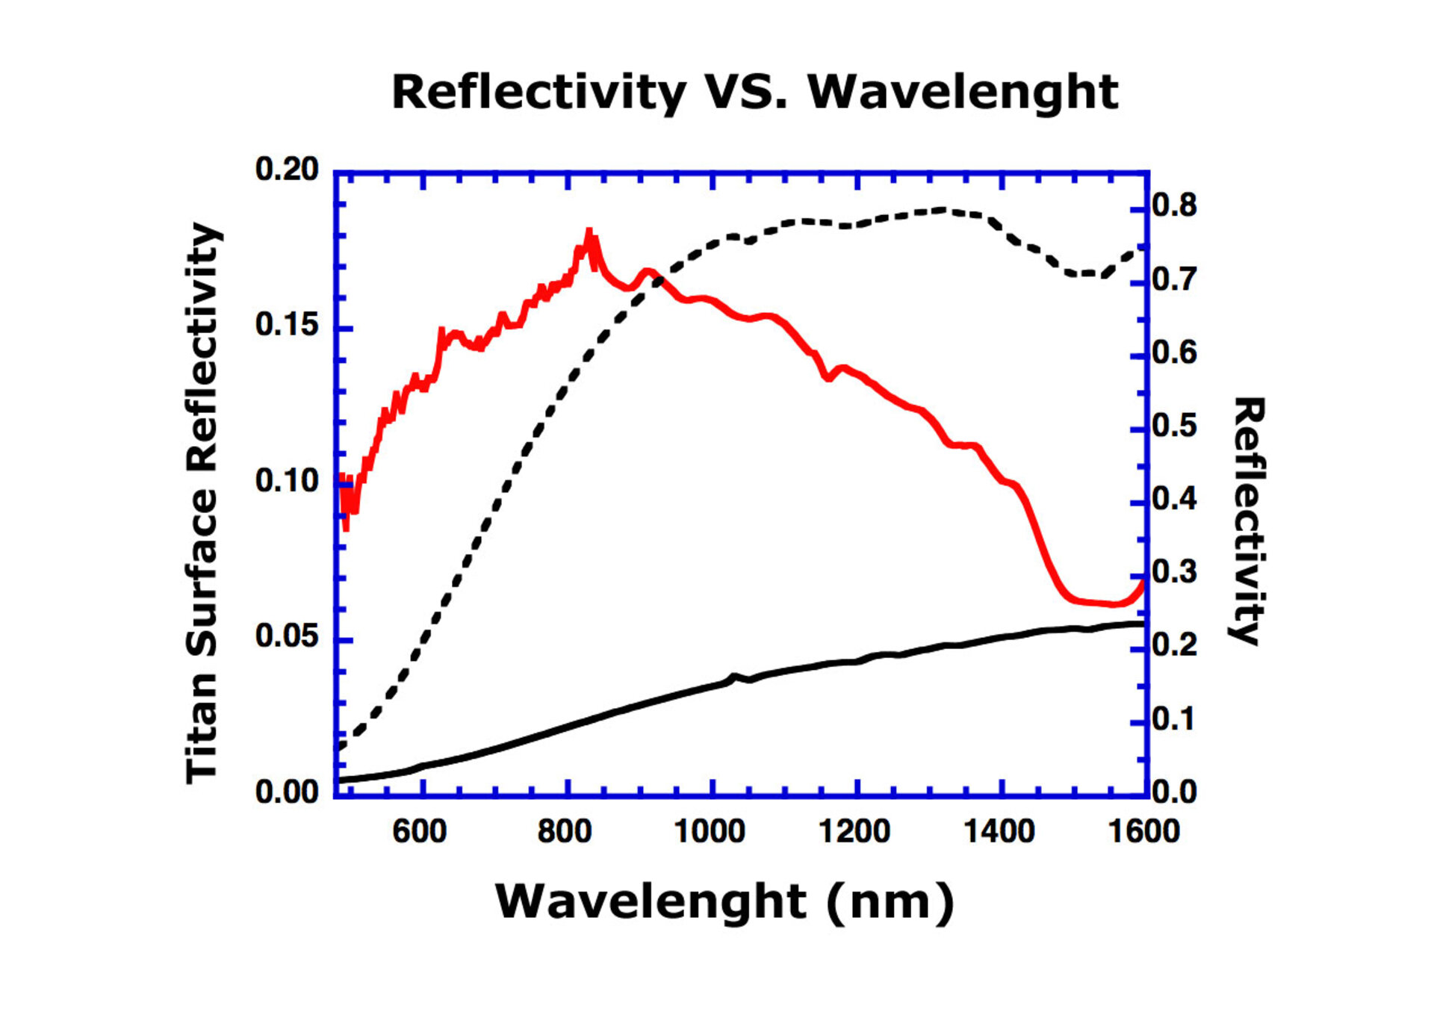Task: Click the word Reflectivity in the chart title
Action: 538,93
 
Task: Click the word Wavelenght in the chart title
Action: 963,93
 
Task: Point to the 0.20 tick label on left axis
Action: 287,170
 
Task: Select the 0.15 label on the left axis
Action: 287,325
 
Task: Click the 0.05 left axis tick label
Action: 287,636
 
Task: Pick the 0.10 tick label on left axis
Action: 287,481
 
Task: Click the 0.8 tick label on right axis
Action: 1174,205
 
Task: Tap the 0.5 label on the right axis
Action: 1174,426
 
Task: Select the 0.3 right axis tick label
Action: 1174,573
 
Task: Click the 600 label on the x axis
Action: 420,831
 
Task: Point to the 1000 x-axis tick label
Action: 710,831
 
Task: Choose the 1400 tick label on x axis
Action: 999,831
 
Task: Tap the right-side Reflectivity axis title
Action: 1248,521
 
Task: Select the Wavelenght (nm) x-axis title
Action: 724,901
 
